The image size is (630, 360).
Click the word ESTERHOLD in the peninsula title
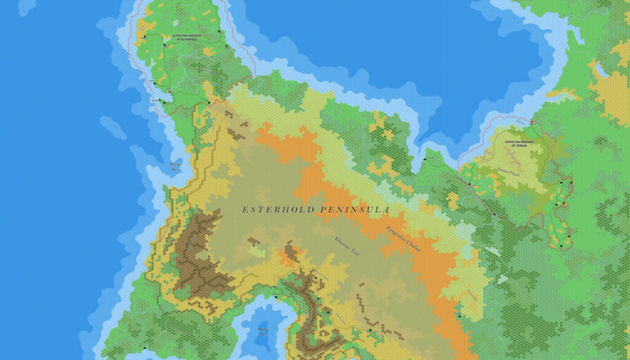[277, 210]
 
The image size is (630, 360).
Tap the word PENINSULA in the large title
[353, 210]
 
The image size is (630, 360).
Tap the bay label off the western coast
[175, 166]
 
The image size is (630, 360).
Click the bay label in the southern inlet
[263, 332]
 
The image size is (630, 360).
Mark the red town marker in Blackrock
[169, 92]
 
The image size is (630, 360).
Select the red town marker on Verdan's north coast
[532, 122]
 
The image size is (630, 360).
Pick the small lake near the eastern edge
[600, 70]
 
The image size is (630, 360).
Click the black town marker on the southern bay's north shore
[276, 298]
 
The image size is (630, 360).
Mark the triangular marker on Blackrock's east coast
[226, 47]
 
